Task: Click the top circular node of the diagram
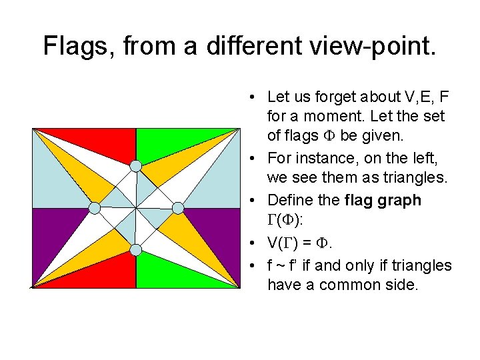point(135,165)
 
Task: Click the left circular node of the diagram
point(95,208)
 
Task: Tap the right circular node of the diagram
point(178,208)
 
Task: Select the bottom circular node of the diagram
point(135,250)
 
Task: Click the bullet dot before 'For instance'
point(256,159)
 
